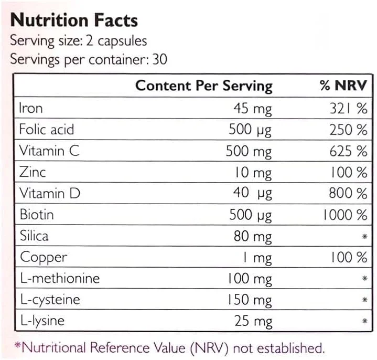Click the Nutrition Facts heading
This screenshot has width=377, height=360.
click(x=74, y=20)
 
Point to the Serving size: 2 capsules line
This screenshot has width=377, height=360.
click(x=79, y=40)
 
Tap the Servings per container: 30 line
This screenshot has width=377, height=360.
click(x=89, y=59)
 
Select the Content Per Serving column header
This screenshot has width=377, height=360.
click(x=203, y=86)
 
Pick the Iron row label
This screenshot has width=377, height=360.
click(x=31, y=108)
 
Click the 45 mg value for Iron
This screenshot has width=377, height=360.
click(x=252, y=109)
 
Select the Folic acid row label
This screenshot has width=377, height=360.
click(x=47, y=130)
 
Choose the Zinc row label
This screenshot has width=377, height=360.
click(x=33, y=172)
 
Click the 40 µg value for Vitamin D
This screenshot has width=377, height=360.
click(x=252, y=194)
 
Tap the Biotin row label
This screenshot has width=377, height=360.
click(x=37, y=215)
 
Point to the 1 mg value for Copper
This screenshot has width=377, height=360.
click(x=257, y=257)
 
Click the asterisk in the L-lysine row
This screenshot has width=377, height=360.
click(x=364, y=321)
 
